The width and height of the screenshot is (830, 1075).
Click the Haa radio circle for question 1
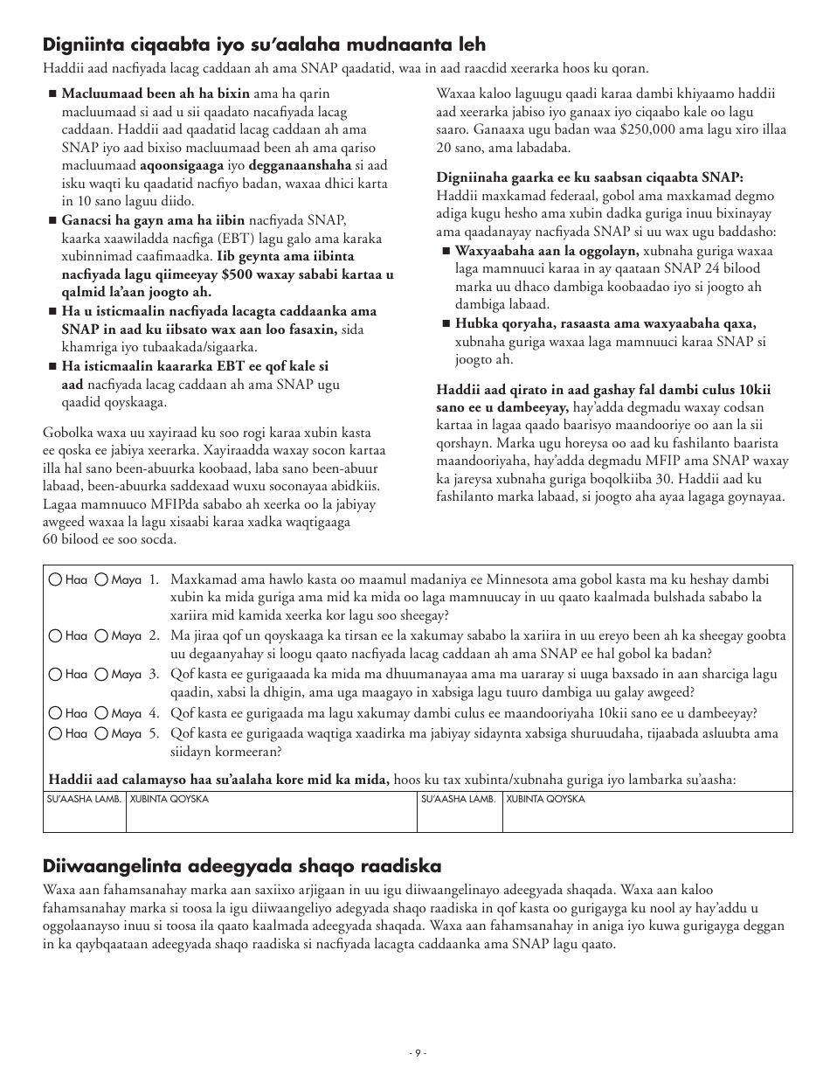[56, 579]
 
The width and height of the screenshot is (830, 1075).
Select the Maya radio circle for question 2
[101, 635]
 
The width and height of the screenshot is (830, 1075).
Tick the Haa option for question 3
[56, 674]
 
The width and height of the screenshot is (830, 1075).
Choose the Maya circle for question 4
[101, 713]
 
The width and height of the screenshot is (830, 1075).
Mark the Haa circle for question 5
[56, 734]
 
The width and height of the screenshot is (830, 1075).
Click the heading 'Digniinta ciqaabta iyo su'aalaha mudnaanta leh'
[264, 44]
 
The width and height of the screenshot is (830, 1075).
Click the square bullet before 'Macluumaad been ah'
[52, 94]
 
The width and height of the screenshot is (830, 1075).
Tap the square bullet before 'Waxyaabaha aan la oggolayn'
[446, 251]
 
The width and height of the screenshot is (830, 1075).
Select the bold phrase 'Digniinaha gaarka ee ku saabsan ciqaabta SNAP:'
[590, 177]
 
